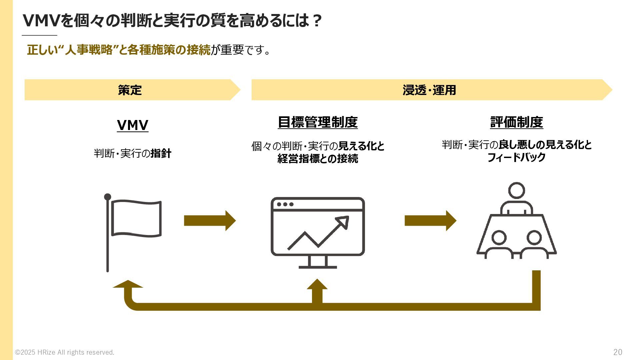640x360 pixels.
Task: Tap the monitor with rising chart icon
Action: pyautogui.click(x=318, y=230)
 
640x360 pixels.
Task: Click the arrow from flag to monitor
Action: pyautogui.click(x=210, y=221)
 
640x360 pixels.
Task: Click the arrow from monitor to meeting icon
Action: pyautogui.click(x=430, y=221)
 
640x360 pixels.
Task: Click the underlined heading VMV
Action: pyautogui.click(x=132, y=125)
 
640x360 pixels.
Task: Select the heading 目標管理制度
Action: pyautogui.click(x=318, y=122)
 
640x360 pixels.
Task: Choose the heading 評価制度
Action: pyautogui.click(x=516, y=122)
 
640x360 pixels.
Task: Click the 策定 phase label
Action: pyautogui.click(x=130, y=90)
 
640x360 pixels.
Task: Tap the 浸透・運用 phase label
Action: pyautogui.click(x=429, y=90)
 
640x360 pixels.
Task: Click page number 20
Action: pyautogui.click(x=617, y=352)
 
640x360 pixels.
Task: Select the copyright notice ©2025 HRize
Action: pyautogui.click(x=65, y=352)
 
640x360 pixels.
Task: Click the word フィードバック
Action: pyautogui.click(x=516, y=157)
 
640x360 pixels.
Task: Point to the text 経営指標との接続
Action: pyautogui.click(x=318, y=159)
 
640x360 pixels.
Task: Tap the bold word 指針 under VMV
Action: pyautogui.click(x=161, y=154)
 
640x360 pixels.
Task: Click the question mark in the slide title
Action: pyautogui.click(x=317, y=21)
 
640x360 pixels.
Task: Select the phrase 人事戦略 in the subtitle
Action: pyautogui.click(x=89, y=50)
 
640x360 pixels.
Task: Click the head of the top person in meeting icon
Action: pyautogui.click(x=516, y=191)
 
